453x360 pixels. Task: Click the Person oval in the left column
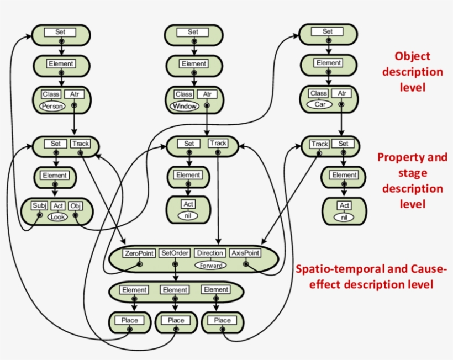coord(52,106)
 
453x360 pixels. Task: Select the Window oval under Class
coord(185,106)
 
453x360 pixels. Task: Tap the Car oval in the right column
coord(320,104)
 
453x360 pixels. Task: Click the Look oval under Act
coord(57,217)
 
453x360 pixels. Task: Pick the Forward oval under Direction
coord(210,265)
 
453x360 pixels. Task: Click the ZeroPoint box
coord(140,253)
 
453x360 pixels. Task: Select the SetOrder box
coord(175,253)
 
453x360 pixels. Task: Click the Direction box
coord(210,253)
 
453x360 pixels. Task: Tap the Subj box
coord(40,206)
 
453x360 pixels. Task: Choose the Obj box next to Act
coord(76,206)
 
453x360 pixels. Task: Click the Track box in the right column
coord(319,144)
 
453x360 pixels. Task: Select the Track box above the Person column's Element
coord(80,144)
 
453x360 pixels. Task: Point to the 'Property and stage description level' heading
coord(412,181)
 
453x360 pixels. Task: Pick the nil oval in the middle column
coord(189,216)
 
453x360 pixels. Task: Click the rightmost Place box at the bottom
coord(222,320)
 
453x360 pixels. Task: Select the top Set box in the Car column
coord(328,32)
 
